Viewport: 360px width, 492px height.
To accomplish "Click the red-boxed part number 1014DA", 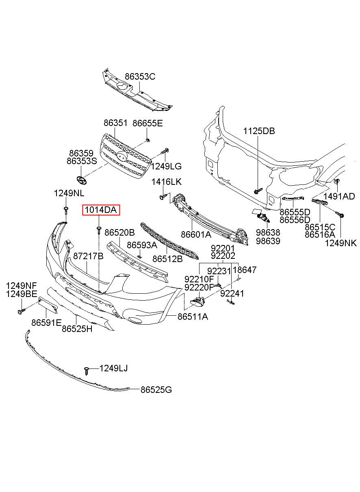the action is pyautogui.click(x=101, y=210).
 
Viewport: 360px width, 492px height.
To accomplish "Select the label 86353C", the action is pyautogui.click(x=140, y=76).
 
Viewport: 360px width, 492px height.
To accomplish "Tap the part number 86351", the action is pyautogui.click(x=115, y=123).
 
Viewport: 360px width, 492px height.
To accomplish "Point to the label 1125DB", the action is pyautogui.click(x=259, y=131).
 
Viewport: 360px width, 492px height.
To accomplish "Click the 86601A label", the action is pyautogui.click(x=196, y=234).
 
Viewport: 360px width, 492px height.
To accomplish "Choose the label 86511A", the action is pyautogui.click(x=193, y=316).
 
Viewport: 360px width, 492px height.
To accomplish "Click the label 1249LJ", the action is pyautogui.click(x=113, y=368).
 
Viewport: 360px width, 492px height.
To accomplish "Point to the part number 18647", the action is pyautogui.click(x=245, y=270).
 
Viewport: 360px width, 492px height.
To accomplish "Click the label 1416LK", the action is pyautogui.click(x=167, y=182).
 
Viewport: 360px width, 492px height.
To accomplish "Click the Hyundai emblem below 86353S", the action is pyautogui.click(x=81, y=180).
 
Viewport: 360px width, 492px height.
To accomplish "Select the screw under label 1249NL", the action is pyautogui.click(x=66, y=210).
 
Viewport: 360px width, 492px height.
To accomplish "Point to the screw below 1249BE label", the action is pyautogui.click(x=22, y=310).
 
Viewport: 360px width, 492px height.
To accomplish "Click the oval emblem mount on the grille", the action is pyautogui.click(x=122, y=156).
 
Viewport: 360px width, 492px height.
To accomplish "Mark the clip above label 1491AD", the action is pyautogui.click(x=336, y=182).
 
